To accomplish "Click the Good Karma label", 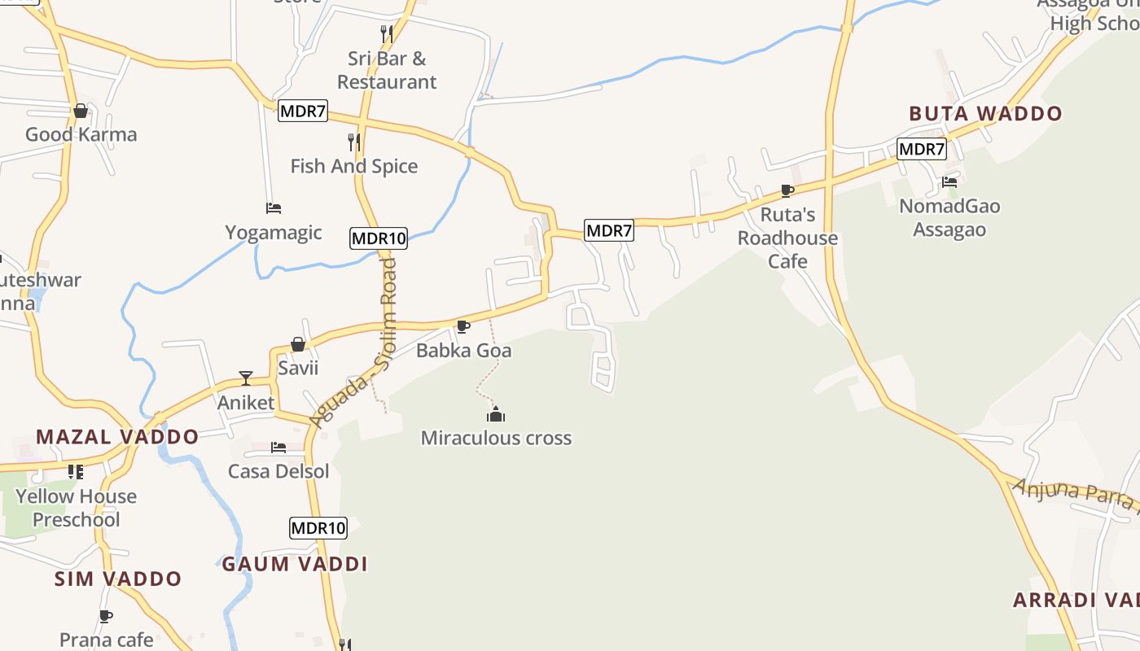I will (x=81, y=134).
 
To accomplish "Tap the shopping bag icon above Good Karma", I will (x=81, y=111).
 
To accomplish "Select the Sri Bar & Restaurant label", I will (x=387, y=70).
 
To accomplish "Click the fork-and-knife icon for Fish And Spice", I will (x=353, y=142).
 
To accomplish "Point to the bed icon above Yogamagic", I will (x=274, y=208).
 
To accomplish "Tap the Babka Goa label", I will (x=463, y=351).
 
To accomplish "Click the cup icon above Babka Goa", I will (x=463, y=327).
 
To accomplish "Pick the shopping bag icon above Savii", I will (x=298, y=344).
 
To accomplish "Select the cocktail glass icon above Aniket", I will (x=246, y=378).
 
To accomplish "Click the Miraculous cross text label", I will (x=496, y=438).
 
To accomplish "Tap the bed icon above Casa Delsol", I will (x=278, y=448).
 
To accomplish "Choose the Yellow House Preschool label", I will (x=76, y=508).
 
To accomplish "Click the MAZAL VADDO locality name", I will (x=117, y=437).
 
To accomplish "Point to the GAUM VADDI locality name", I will (x=295, y=564).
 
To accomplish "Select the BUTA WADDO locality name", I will (x=985, y=114).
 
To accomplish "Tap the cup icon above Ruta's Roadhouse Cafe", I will (x=787, y=191).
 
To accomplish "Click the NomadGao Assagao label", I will (x=949, y=217).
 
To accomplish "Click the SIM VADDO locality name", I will (x=118, y=579).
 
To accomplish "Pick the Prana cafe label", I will (x=107, y=640).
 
